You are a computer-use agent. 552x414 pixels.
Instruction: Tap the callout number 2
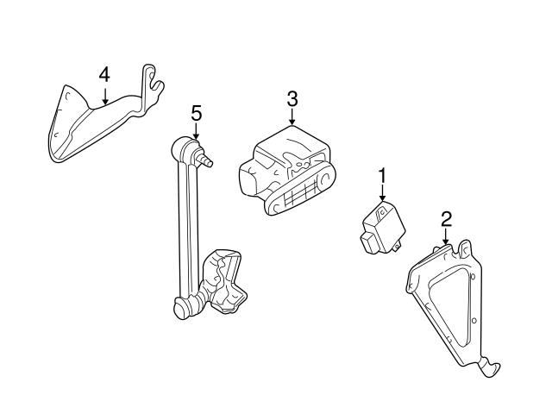pyautogui.click(x=446, y=219)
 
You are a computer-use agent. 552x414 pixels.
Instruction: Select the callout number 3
pyautogui.click(x=292, y=99)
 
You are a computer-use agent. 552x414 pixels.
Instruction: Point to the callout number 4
pyautogui.click(x=104, y=75)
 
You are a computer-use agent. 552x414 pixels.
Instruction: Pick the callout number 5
pyautogui.click(x=197, y=114)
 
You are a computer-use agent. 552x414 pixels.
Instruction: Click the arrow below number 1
pyautogui.click(x=382, y=193)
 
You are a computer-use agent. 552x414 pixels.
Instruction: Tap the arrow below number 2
pyautogui.click(x=446, y=236)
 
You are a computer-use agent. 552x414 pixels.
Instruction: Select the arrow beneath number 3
pyautogui.click(x=292, y=116)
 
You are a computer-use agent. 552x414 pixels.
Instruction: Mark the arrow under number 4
pyautogui.click(x=104, y=95)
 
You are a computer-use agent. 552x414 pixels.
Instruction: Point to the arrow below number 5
pyautogui.click(x=196, y=130)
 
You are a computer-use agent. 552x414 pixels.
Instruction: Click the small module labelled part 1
pyautogui.click(x=383, y=227)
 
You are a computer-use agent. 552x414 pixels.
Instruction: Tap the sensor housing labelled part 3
pyautogui.click(x=287, y=171)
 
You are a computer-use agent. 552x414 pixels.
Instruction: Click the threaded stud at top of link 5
pyautogui.click(x=205, y=159)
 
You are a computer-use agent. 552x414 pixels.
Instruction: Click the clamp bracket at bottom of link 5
pyautogui.click(x=223, y=281)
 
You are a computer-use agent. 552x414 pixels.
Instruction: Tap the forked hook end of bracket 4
pyautogui.click(x=153, y=86)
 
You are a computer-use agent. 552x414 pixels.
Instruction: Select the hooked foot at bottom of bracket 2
pyautogui.click(x=489, y=367)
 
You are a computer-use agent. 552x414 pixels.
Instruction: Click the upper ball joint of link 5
pyautogui.click(x=182, y=149)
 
